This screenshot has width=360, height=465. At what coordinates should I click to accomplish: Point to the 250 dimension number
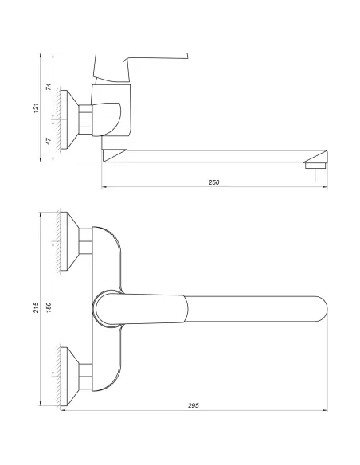tap(213, 182)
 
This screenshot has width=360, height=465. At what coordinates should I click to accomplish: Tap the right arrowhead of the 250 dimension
tap(327, 189)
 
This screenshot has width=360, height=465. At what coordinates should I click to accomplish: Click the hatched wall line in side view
tap(58, 117)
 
